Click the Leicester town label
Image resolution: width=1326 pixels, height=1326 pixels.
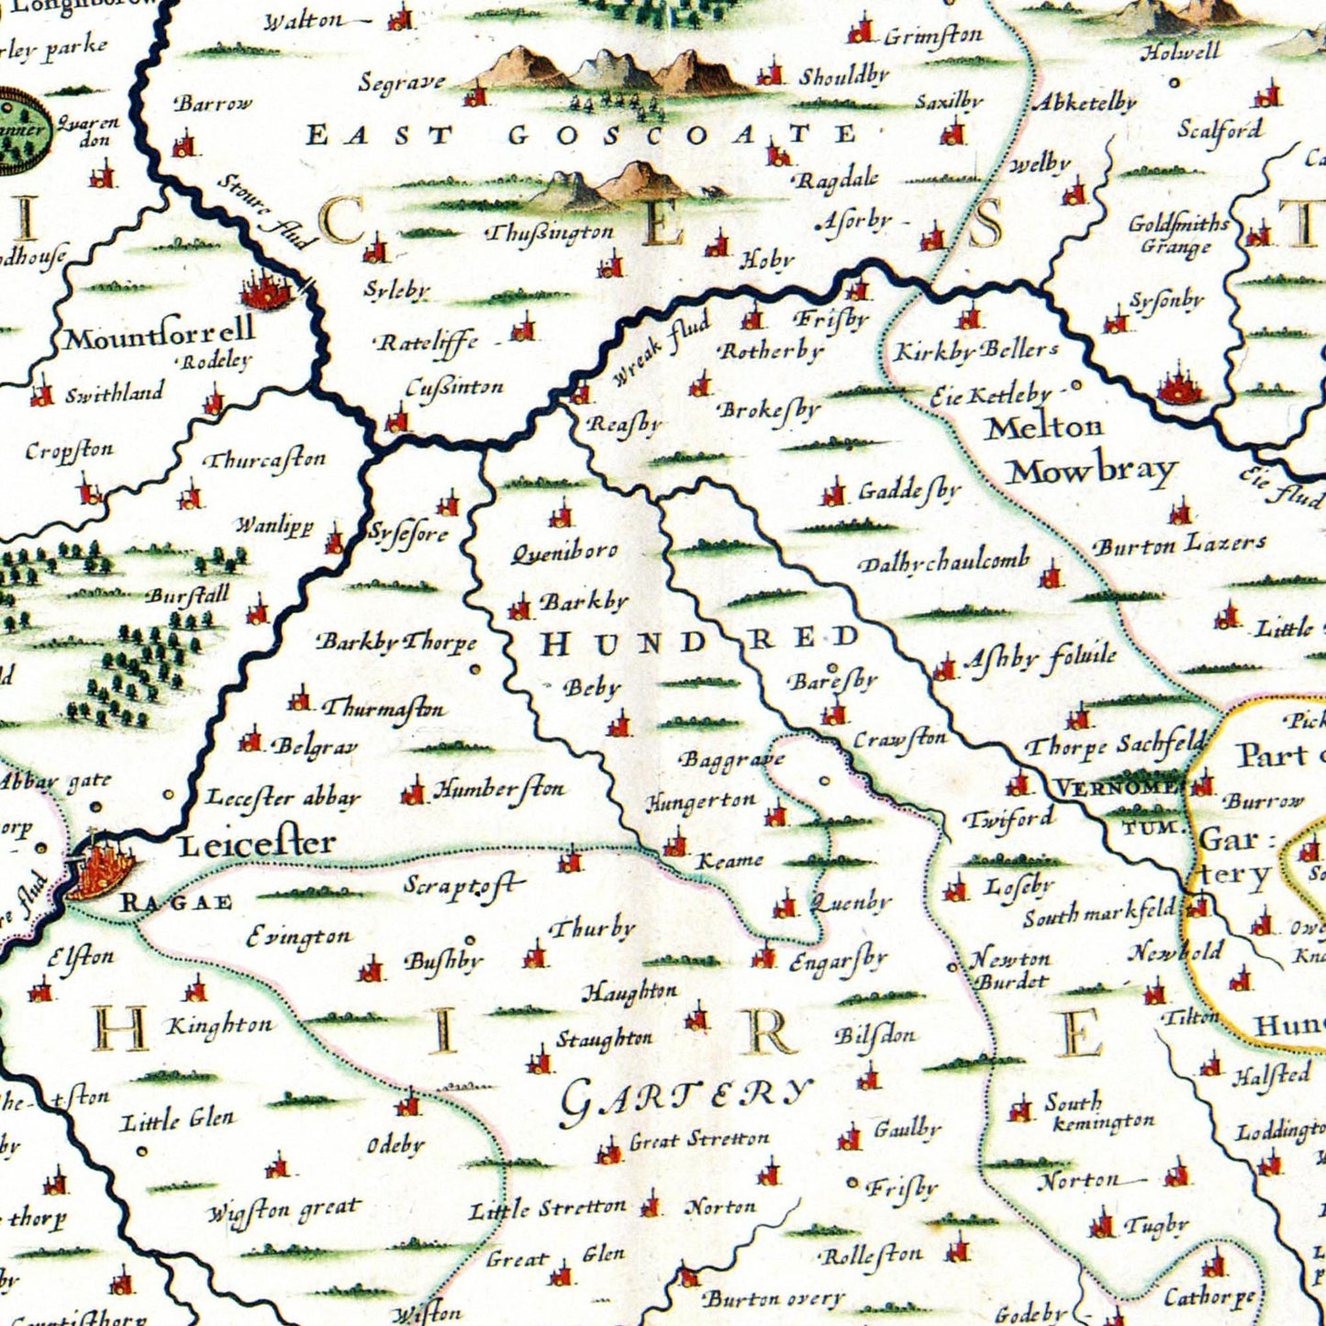(256, 843)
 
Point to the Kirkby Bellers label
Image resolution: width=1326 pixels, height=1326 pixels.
(976, 351)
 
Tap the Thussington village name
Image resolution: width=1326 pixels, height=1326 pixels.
(550, 233)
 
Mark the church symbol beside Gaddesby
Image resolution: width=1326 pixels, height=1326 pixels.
(833, 494)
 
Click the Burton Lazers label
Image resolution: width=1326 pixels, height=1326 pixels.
(1179, 544)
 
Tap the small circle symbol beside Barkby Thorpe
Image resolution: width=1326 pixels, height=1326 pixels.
(475, 669)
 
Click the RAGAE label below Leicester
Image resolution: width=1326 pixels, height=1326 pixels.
(177, 902)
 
